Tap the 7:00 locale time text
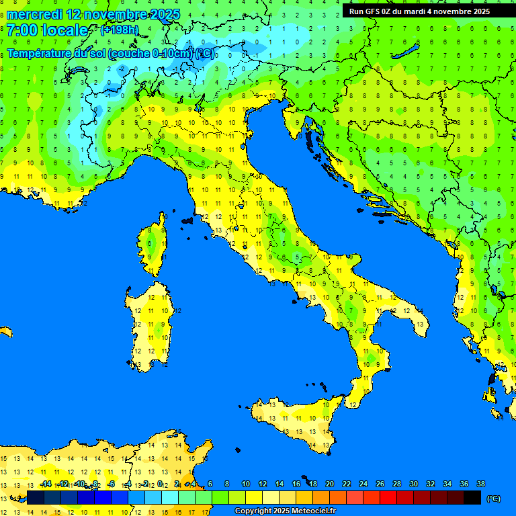pos(47,30)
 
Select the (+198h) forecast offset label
pos(120,30)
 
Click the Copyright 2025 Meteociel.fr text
pos(285,511)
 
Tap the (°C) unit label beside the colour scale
pos(493,498)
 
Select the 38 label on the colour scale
pos(481,484)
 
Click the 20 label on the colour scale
pos(330,484)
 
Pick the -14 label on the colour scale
pos(46,484)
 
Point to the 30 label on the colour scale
pos(414,484)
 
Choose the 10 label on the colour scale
pos(246,484)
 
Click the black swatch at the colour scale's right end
pos(472,497)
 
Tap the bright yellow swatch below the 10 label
pos(254,497)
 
